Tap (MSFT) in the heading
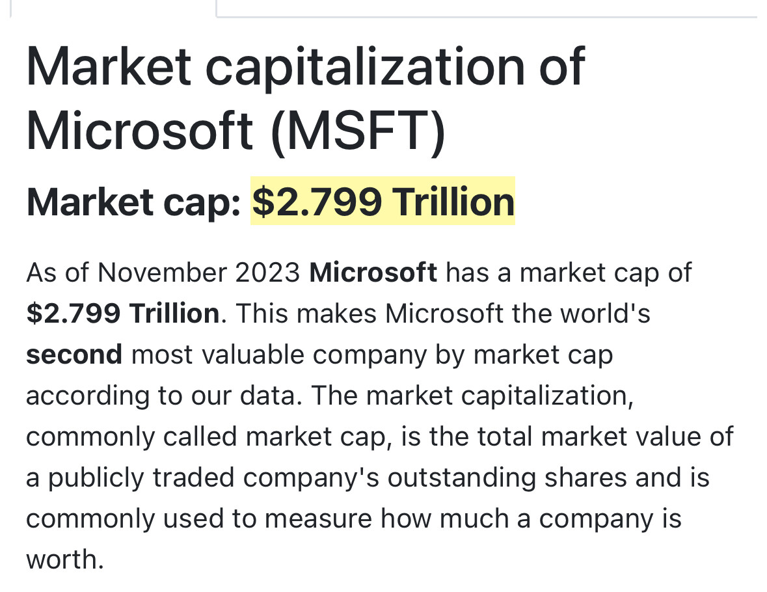point(358,131)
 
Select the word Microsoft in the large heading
point(139,131)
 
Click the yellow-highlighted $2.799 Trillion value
point(383,202)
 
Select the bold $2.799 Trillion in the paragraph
point(123,314)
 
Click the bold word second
point(74,355)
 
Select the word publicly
point(96,478)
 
